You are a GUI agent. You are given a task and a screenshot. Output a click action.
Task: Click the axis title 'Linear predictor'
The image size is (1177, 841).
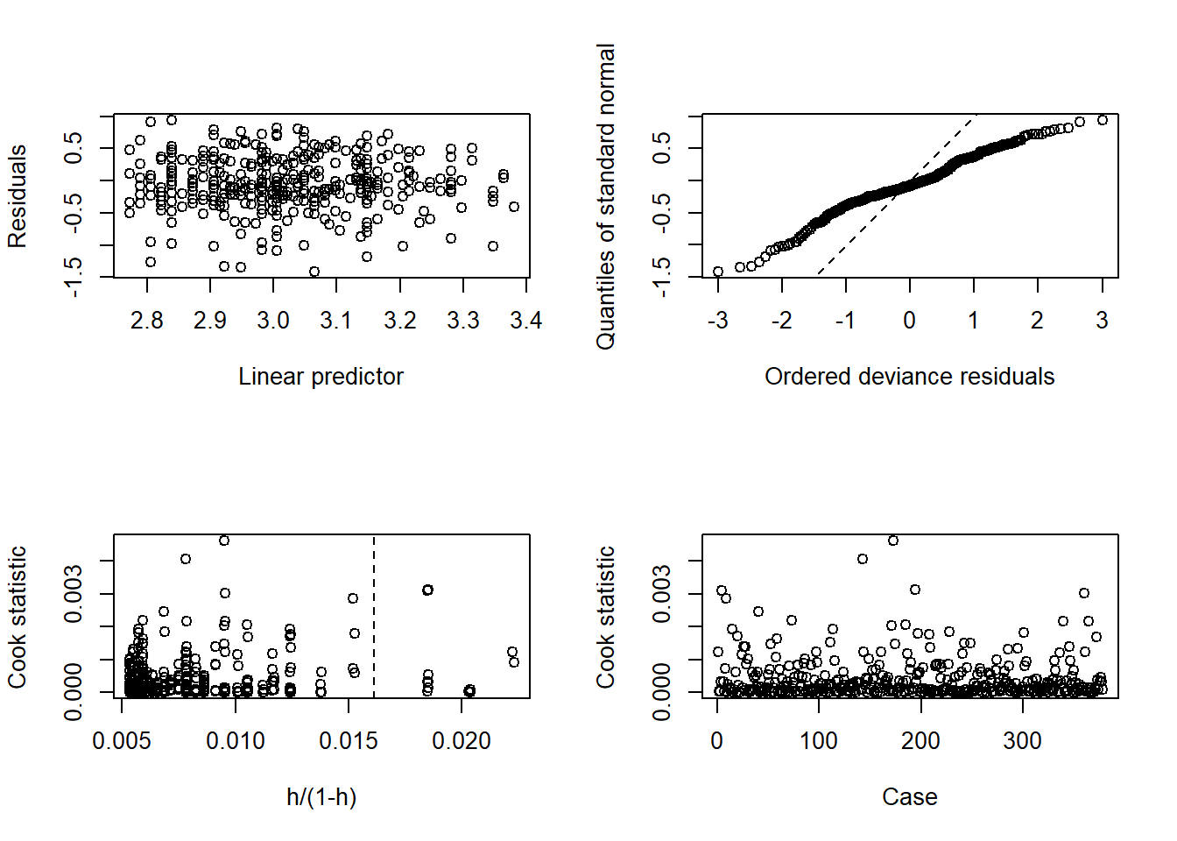[x=321, y=377]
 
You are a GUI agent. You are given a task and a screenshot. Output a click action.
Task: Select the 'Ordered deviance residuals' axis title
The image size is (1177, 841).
[x=909, y=377]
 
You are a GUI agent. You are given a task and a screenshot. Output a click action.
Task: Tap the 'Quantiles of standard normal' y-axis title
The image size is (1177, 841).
[x=606, y=196]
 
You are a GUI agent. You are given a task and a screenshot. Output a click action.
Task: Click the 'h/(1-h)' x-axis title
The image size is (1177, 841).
[x=321, y=797]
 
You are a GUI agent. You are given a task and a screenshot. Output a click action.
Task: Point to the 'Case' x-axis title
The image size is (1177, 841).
[x=909, y=797]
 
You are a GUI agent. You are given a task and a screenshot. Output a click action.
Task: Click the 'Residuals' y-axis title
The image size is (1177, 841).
[x=18, y=196]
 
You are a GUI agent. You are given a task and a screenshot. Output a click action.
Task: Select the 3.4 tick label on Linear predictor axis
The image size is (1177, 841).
[x=525, y=321]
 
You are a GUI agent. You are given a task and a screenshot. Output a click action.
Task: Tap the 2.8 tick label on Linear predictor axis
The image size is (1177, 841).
[x=146, y=321]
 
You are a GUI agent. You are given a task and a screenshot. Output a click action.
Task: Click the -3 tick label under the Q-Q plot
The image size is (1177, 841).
[x=717, y=321]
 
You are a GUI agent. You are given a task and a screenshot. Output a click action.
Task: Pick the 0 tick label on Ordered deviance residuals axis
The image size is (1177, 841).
[x=909, y=321]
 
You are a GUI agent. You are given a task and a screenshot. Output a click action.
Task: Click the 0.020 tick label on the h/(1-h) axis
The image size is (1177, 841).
[x=462, y=741]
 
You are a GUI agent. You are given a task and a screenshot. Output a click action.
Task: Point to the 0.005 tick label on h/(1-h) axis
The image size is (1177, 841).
[x=122, y=741]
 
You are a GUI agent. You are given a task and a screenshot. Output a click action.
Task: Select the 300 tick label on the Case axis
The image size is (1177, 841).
[x=1022, y=741]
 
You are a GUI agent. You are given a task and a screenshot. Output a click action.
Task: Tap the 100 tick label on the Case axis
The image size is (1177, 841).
[x=818, y=741]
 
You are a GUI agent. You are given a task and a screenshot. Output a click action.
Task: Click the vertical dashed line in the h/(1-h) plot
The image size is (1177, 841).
[x=374, y=613]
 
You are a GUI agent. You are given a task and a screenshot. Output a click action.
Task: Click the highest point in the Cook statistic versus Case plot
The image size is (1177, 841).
[x=893, y=541]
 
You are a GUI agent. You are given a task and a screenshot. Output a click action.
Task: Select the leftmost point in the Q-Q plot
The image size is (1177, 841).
[x=718, y=272]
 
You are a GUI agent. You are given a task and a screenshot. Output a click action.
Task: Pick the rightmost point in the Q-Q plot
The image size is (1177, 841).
[x=1103, y=120]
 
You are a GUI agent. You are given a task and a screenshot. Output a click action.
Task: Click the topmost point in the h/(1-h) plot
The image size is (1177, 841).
[x=224, y=541]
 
